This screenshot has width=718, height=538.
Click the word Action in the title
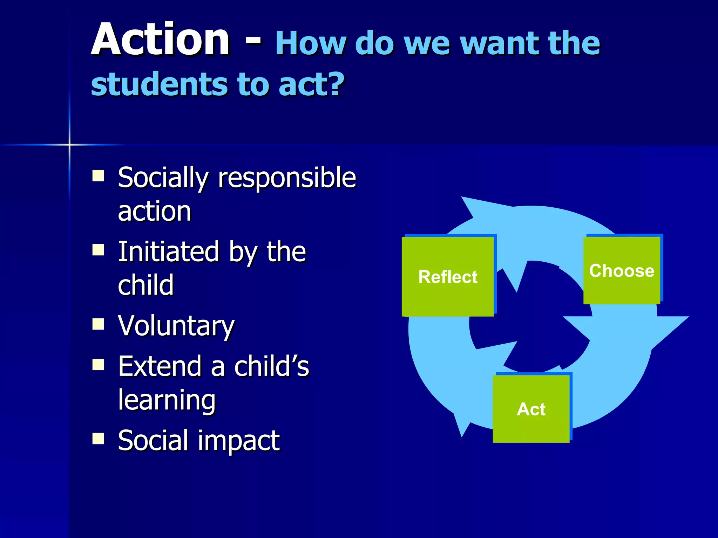[x=160, y=39]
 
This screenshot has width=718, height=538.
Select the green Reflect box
[x=448, y=277]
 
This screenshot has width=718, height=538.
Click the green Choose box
[x=622, y=270]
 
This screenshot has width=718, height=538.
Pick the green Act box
[x=531, y=409]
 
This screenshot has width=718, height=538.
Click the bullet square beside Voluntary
[x=98, y=324]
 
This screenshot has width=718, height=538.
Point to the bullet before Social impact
[x=98, y=438]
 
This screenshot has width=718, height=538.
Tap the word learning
[x=167, y=400]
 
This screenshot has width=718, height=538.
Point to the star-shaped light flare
[x=69, y=144]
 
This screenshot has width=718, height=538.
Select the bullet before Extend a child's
[x=98, y=365]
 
